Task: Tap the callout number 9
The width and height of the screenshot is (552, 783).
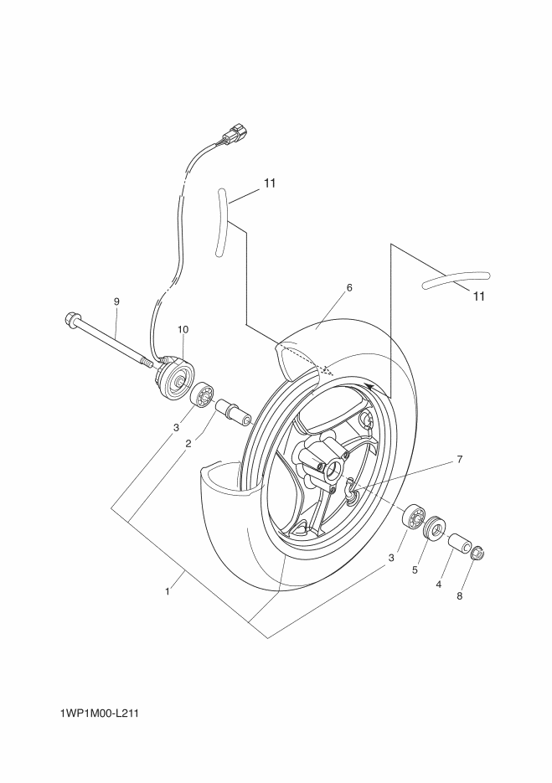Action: pos(116,301)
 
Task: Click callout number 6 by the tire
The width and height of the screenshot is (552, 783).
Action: pos(349,287)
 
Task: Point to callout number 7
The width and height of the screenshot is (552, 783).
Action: pos(459,459)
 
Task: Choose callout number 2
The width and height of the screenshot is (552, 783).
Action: pos(188,444)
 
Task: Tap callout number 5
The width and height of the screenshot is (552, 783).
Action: pos(414,570)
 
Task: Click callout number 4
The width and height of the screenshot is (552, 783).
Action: pos(438,585)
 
